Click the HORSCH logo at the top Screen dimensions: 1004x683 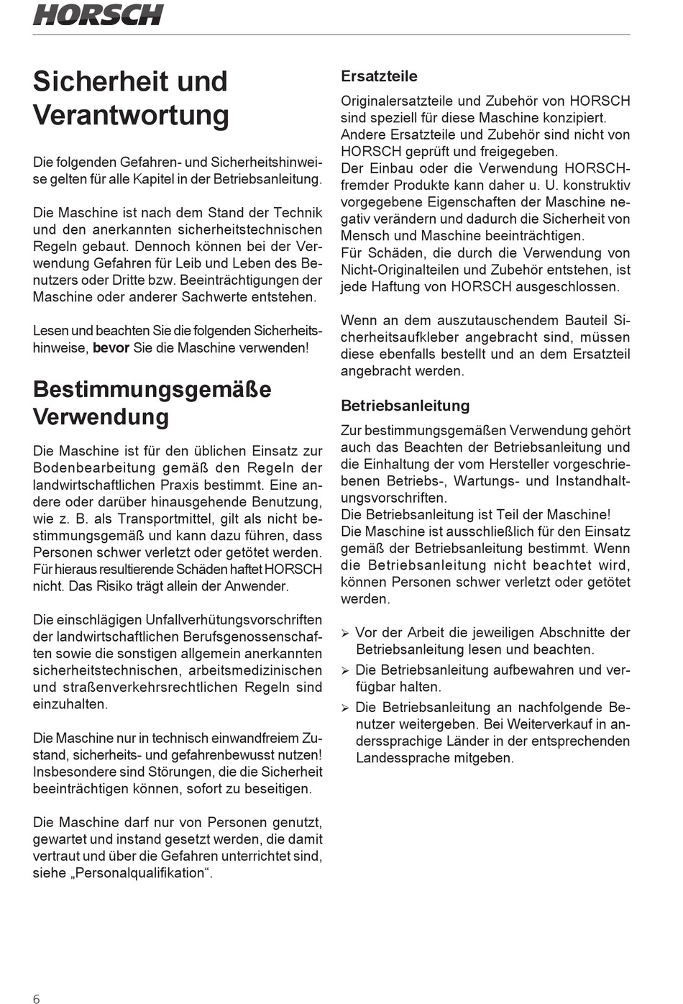point(98,14)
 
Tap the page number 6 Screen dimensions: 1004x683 point(37,998)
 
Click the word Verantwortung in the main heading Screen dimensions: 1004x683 point(131,115)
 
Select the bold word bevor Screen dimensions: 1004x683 point(111,348)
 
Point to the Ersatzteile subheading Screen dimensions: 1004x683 point(379,76)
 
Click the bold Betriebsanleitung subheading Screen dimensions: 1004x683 point(405,406)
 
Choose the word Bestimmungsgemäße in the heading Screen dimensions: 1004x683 point(152,389)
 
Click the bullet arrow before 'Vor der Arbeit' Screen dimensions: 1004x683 point(345,634)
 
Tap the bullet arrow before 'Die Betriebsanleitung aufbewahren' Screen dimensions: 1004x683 point(345,671)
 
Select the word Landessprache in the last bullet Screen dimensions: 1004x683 point(398,758)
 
